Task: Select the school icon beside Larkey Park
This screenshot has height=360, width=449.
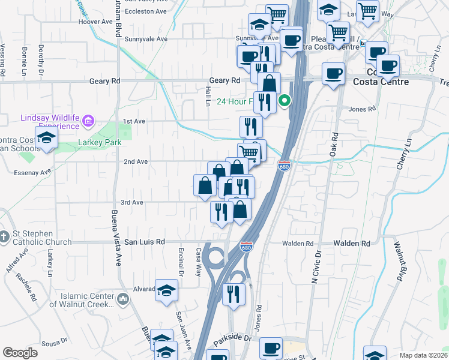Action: click(46, 137)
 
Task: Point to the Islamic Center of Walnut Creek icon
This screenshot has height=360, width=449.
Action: click(122, 298)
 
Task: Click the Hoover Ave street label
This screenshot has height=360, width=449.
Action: click(100, 22)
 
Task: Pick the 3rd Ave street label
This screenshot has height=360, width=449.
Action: click(131, 203)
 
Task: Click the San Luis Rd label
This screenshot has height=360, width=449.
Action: click(144, 242)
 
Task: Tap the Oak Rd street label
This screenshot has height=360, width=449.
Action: click(334, 145)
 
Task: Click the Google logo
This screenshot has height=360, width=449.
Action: click(20, 353)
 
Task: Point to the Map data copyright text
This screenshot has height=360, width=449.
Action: click(424, 355)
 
